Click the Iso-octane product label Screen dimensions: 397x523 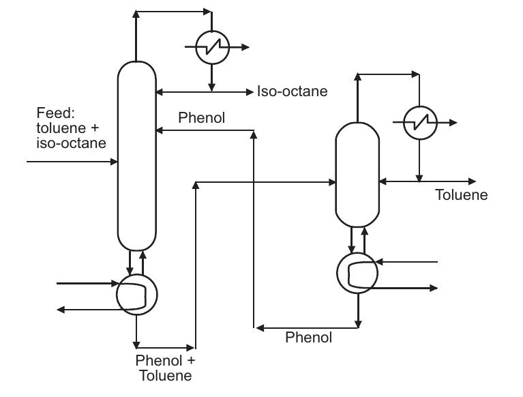point(292,91)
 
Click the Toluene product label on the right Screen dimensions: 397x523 point(462,195)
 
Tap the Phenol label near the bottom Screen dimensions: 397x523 point(308,337)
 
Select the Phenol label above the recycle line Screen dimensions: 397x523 point(201,117)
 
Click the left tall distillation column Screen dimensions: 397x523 point(137,156)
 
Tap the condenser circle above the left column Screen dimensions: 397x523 point(211,47)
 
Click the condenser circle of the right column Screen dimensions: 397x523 point(419,123)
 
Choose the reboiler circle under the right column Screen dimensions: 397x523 point(357,273)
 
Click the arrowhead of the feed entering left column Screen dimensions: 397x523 point(114,162)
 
